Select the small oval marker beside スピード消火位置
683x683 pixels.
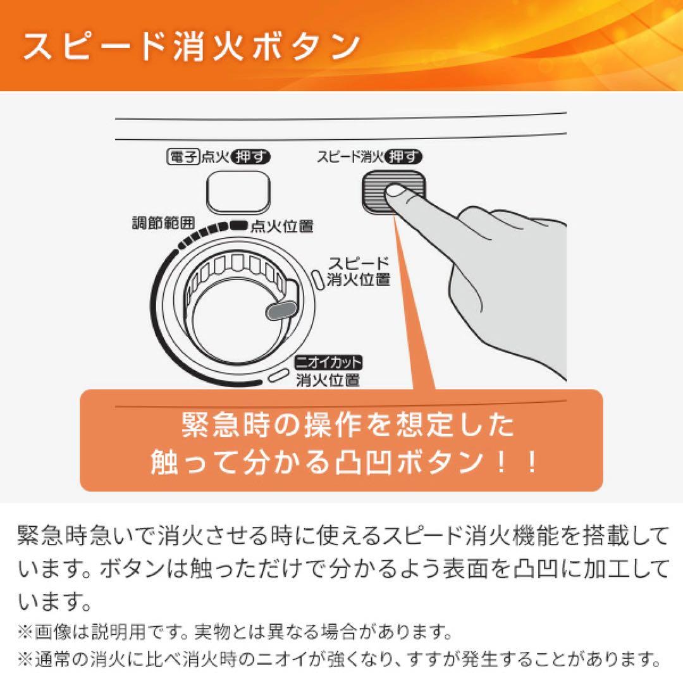(x=318, y=277)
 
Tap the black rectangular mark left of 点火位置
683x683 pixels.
(x=238, y=224)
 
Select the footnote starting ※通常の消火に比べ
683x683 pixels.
(x=341, y=659)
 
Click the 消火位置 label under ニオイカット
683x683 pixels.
(x=328, y=379)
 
